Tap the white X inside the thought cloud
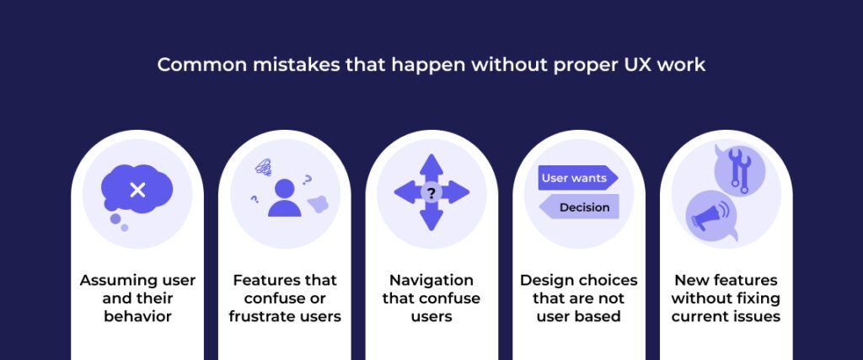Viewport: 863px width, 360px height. [137, 191]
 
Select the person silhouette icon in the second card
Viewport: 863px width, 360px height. [285, 197]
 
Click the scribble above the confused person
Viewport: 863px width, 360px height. [263, 166]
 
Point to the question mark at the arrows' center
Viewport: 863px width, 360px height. [431, 193]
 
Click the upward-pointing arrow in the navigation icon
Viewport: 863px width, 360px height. [431, 167]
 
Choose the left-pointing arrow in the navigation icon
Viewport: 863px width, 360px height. [408, 192]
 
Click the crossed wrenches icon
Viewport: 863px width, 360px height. [740, 170]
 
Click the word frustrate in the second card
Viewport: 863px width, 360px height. [264, 316]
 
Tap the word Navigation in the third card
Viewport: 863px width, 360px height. [431, 281]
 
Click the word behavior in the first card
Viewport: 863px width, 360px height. [137, 316]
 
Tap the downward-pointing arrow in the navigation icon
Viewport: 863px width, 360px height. [431, 218]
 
